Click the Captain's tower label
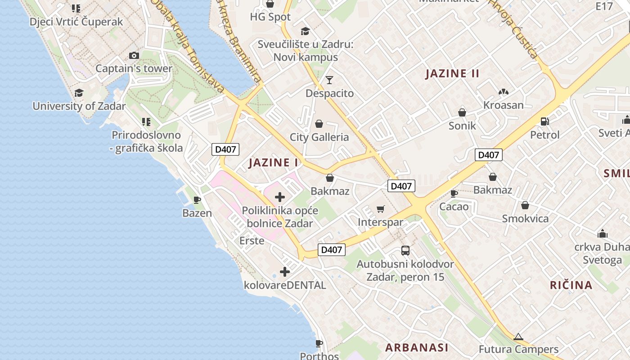pos(134,68)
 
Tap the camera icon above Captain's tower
pos(134,56)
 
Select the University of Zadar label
pos(79,106)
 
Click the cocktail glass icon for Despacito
pos(329,80)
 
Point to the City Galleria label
pos(319,137)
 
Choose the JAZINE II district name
pos(452,74)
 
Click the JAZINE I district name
pos(274,162)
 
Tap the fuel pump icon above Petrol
pos(544,121)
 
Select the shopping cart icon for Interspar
pos(381,209)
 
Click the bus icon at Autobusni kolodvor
pos(405,251)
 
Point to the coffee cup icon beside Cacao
pos(454,194)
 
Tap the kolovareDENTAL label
pos(285,285)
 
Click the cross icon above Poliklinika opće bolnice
pos(280,197)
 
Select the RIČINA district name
pos(571,285)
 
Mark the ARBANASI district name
pos(417,347)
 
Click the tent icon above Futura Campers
pos(518,337)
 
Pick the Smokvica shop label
pos(525,219)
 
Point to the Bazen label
pos(197,213)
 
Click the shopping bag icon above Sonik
pos(462,112)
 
